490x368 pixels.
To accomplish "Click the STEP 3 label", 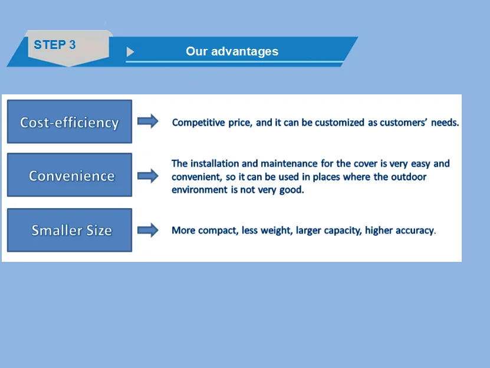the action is click(x=55, y=45).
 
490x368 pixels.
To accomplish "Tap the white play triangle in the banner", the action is click(x=130, y=51).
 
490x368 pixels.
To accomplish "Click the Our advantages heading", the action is click(x=232, y=51).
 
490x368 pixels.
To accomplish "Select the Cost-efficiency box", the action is click(x=70, y=121).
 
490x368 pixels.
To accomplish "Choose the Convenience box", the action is click(x=70, y=175).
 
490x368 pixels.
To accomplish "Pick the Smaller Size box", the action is click(x=70, y=230).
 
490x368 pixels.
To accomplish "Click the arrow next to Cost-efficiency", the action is click(x=148, y=121).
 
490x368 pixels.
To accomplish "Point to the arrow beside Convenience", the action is click(x=148, y=176).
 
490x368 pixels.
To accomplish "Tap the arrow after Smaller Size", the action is click(x=148, y=230).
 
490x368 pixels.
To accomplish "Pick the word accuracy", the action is click(x=416, y=231).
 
